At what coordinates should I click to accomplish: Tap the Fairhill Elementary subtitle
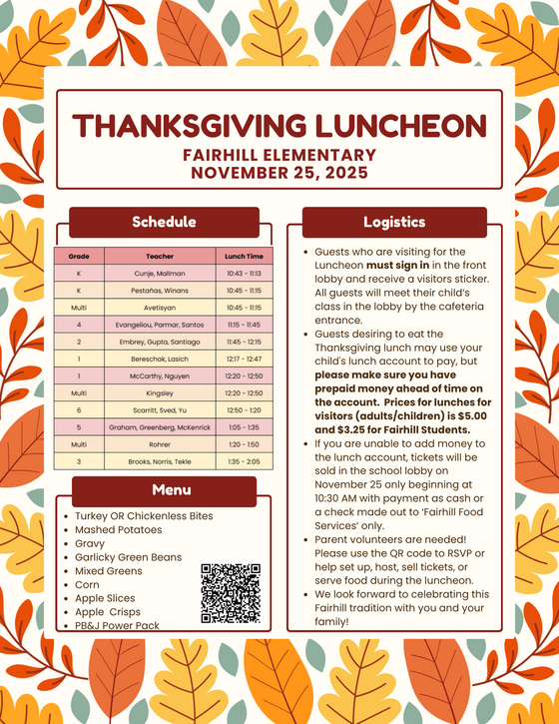tap(279, 155)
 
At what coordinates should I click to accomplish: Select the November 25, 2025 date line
tap(279, 172)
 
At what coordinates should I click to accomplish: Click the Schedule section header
tap(164, 222)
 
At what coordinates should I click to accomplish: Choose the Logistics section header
tap(393, 222)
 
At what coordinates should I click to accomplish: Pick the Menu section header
tap(164, 490)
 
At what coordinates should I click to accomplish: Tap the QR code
tap(231, 593)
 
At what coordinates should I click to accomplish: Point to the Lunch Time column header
tap(244, 256)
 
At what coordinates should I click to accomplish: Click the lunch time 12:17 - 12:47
tap(244, 359)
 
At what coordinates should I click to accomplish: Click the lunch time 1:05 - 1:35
tap(244, 427)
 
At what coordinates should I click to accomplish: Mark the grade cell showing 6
tap(79, 410)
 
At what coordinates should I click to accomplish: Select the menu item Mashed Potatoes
tap(118, 530)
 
